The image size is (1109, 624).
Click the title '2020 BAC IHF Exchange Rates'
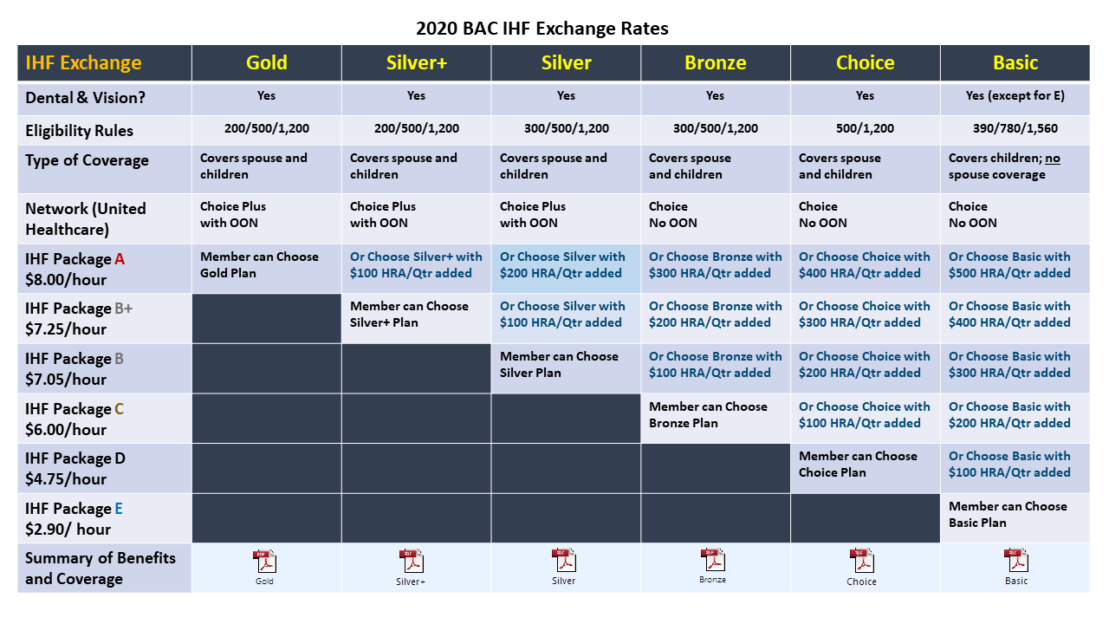tap(542, 28)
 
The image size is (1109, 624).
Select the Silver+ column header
tap(416, 62)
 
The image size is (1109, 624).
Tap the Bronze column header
tap(715, 62)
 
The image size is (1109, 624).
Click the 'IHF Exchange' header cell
tap(83, 62)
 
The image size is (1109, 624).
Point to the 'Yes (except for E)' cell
tap(1015, 96)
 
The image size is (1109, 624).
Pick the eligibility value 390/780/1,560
tap(1015, 129)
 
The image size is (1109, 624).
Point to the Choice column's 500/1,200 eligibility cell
tap(865, 129)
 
